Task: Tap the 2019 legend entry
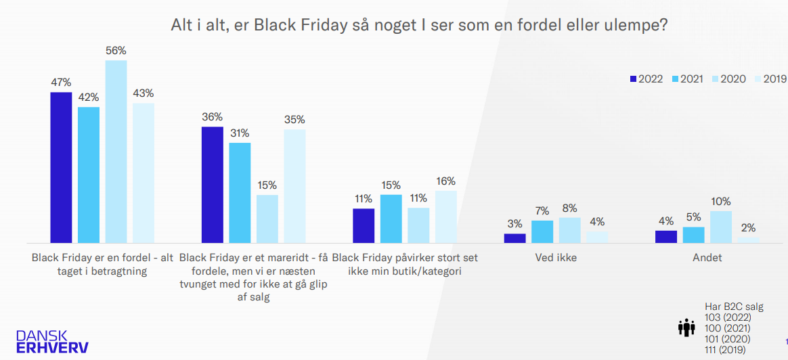pyautogui.click(x=770, y=79)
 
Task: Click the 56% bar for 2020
pyautogui.click(x=116, y=152)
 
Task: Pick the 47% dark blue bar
pyautogui.click(x=61, y=167)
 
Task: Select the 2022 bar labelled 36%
pyautogui.click(x=213, y=185)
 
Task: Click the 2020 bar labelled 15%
pyautogui.click(x=267, y=219)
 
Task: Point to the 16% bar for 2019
pyautogui.click(x=446, y=217)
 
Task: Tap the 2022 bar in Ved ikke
pyautogui.click(x=515, y=238)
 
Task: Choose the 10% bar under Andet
pyautogui.click(x=721, y=227)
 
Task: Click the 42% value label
pyautogui.click(x=89, y=97)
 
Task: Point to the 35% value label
pyautogui.click(x=294, y=119)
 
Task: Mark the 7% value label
pyautogui.click(x=542, y=210)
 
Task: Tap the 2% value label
pyautogui.click(x=748, y=227)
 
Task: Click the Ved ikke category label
pyautogui.click(x=556, y=258)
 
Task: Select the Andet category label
pyautogui.click(x=707, y=258)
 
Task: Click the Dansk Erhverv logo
pyautogui.click(x=52, y=341)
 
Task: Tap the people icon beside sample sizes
pyautogui.click(x=686, y=328)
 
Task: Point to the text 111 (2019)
pyautogui.click(x=724, y=350)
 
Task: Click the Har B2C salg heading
pyautogui.click(x=734, y=307)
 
